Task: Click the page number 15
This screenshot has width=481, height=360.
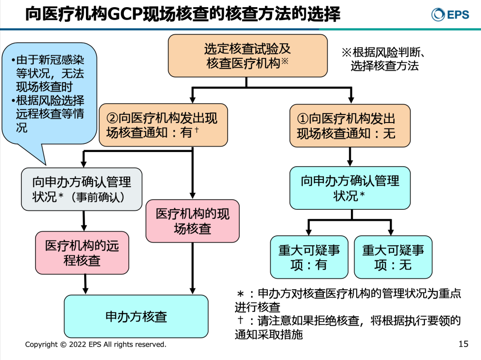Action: (463, 344)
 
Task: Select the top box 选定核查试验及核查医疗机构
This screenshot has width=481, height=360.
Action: (248, 56)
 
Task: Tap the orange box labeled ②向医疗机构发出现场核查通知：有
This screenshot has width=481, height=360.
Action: (163, 125)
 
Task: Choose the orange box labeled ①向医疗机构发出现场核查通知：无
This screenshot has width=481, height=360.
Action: (350, 126)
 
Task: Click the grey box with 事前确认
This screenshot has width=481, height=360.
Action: (82, 189)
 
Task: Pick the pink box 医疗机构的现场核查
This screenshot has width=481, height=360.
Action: (192, 221)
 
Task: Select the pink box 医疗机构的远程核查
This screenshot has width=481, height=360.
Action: (82, 253)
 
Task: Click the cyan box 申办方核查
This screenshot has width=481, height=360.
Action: (136, 316)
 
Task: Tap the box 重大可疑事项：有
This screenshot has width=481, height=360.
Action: (309, 257)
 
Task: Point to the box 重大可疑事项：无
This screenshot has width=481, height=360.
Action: (393, 257)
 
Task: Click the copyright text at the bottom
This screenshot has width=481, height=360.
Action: (95, 344)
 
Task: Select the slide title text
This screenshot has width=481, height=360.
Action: (183, 14)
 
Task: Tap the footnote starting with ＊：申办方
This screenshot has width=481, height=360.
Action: (347, 300)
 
